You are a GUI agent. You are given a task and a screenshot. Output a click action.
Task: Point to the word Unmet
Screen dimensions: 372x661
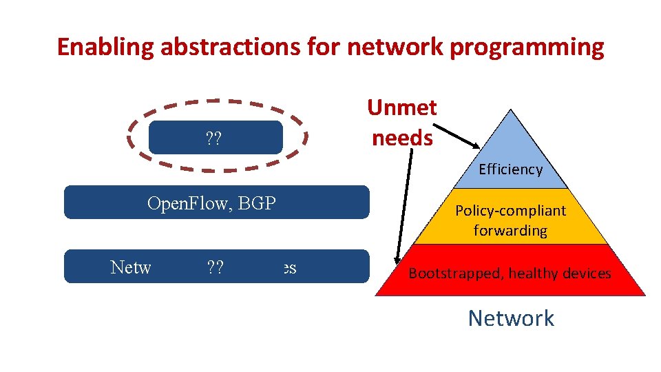click(x=402, y=107)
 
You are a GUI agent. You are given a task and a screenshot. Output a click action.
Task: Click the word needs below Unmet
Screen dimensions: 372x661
click(x=402, y=137)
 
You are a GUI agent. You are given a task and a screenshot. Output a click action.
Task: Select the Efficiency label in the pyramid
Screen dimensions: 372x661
click(x=510, y=169)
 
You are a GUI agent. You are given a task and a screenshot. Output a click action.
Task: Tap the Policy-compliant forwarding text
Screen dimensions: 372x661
click(x=510, y=220)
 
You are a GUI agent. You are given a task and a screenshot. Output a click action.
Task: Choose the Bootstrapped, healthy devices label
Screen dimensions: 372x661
click(x=510, y=273)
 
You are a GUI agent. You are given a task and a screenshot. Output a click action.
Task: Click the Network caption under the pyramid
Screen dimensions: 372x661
click(x=510, y=318)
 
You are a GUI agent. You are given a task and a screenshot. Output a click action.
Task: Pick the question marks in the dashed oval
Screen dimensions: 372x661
click(x=213, y=139)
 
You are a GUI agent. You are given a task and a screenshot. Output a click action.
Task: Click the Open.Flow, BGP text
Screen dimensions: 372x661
click(x=211, y=203)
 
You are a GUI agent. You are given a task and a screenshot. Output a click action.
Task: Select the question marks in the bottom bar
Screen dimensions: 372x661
click(x=213, y=268)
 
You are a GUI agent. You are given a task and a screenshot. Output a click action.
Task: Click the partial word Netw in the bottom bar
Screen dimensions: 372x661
click(x=130, y=268)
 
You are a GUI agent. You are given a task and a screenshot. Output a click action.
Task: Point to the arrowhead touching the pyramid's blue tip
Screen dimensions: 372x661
click(x=474, y=145)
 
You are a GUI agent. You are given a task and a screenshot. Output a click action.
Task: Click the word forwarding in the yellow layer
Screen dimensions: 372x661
click(x=510, y=230)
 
